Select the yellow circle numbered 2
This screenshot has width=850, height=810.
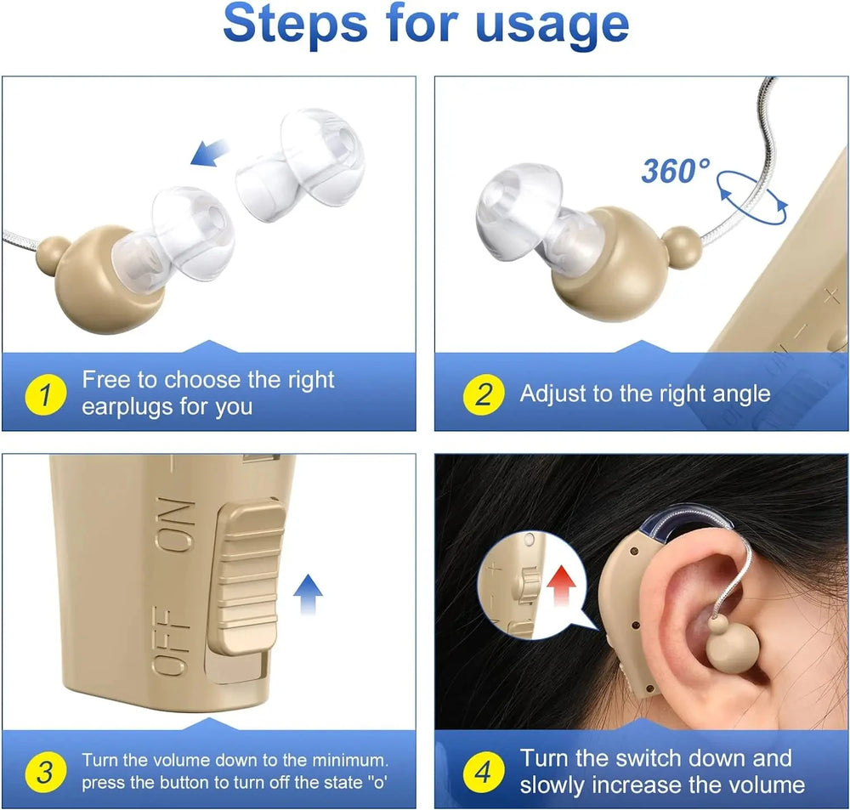tap(483, 394)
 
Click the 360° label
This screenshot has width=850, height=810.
tap(674, 171)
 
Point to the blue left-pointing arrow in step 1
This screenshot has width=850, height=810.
tap(211, 153)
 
